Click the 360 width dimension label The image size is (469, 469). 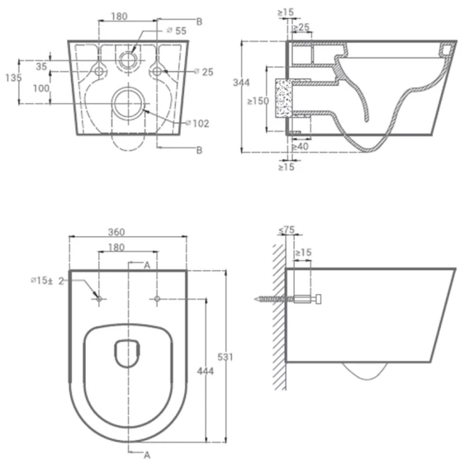116,232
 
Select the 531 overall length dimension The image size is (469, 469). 225,357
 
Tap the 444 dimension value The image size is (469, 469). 206,372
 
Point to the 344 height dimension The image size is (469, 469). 241,83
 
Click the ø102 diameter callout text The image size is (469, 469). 197,123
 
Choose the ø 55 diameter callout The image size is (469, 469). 177,31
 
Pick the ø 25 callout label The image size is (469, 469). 204,72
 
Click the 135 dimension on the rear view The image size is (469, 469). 13,78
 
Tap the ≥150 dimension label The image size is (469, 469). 258,101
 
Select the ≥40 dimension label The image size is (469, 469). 300,147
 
